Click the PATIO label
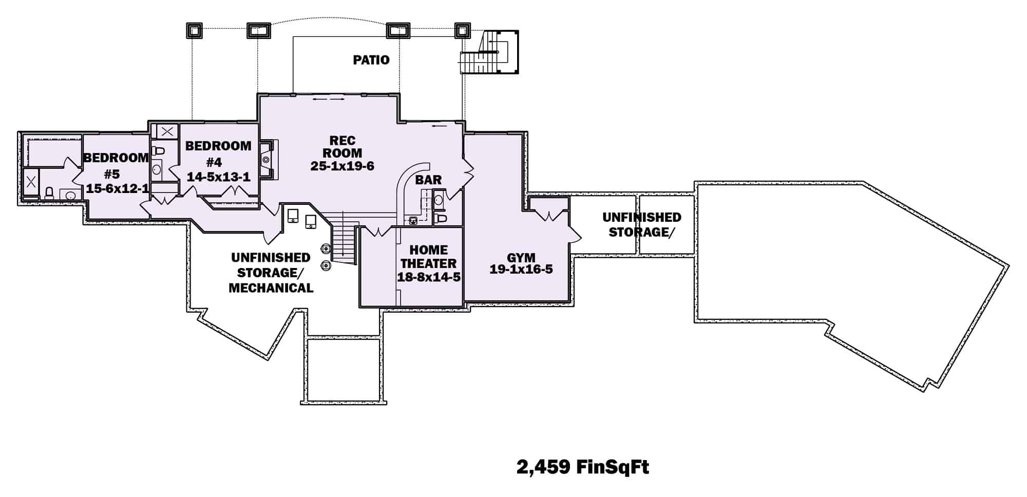pos(371,60)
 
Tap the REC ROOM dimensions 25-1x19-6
pos(342,166)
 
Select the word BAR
pos(428,180)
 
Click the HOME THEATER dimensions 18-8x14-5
pos(428,277)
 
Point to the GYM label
pos(521,257)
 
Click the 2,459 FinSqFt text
pos(582,467)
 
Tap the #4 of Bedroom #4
pos(214,163)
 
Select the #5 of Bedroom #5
pos(111,174)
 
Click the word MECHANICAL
pos(271,288)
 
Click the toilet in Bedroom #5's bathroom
pos(49,194)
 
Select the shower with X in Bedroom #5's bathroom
pos(31,181)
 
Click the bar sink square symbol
pos(413,221)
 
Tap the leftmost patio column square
pos(194,31)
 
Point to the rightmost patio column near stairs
pos(462,31)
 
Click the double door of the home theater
pos(378,232)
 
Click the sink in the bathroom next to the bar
pos(439,200)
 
